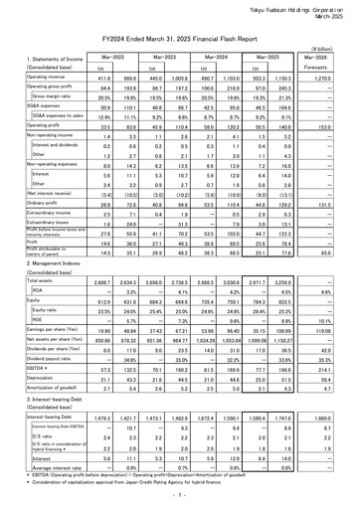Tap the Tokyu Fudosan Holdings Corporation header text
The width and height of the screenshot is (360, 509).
pos(297,6)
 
